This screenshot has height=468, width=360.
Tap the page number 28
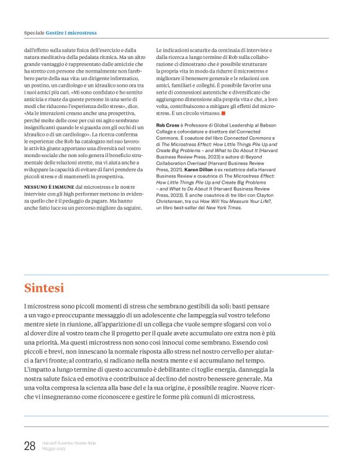coord(29,445)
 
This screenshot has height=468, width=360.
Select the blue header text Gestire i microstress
coord(74,32)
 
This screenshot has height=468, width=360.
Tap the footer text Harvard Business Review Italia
coord(70,442)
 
